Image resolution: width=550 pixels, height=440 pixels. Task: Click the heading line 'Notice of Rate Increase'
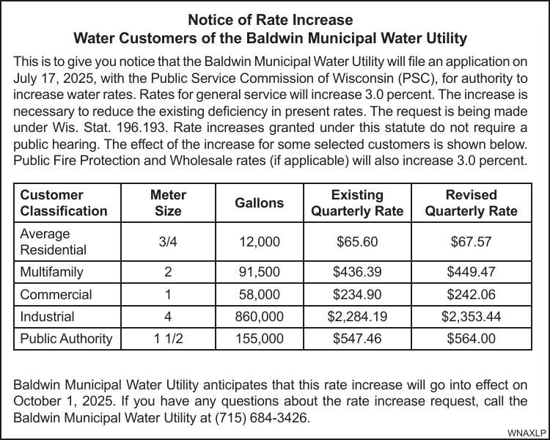[x=270, y=20]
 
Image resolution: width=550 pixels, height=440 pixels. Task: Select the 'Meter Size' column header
[x=168, y=203]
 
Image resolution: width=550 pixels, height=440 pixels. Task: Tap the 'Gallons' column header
[x=259, y=203]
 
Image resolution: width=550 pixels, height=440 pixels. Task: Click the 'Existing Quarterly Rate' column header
[x=357, y=203]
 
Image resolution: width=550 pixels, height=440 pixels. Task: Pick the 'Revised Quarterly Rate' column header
[x=471, y=203]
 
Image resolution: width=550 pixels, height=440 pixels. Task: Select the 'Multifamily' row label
[x=52, y=272]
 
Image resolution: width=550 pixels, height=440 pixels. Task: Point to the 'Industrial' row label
[x=47, y=317]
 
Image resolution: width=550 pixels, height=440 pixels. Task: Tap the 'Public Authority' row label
[x=66, y=339]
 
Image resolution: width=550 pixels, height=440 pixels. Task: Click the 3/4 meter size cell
[x=168, y=242]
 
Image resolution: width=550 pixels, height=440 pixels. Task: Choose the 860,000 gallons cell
[x=259, y=317]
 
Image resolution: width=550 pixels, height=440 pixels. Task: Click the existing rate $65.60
[x=357, y=242]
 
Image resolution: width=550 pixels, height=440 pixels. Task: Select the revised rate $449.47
[x=471, y=272]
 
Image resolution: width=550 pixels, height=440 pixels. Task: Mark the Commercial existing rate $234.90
[x=357, y=295]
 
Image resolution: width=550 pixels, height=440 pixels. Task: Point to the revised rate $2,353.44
[x=471, y=317]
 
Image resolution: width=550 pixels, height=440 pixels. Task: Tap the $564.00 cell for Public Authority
[x=471, y=339]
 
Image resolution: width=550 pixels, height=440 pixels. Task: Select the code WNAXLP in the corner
[x=527, y=433]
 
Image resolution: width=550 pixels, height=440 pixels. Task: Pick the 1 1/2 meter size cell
[x=168, y=339]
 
